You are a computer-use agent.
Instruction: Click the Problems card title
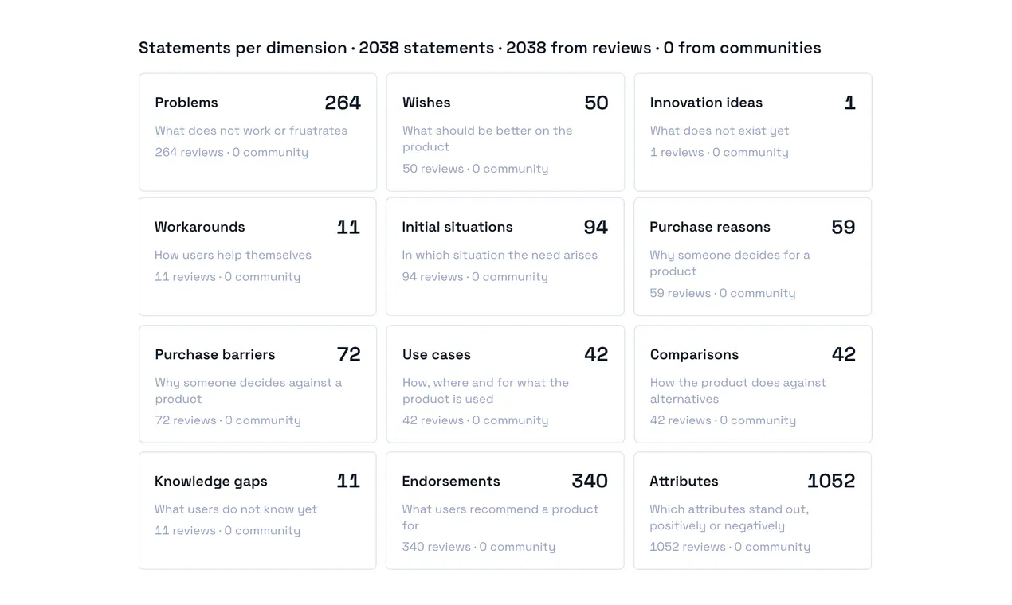point(186,103)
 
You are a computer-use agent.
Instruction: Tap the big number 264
point(343,103)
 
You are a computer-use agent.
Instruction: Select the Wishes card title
point(426,103)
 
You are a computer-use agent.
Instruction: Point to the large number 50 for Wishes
point(596,103)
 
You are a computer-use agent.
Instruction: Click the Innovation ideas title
point(706,103)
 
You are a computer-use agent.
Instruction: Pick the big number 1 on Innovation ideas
point(849,103)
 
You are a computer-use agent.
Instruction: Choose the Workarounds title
point(199,227)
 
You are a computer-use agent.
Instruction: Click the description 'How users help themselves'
point(233,255)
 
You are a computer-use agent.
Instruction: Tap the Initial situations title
point(457,227)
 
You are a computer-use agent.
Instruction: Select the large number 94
point(595,227)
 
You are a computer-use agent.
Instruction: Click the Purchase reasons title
point(710,227)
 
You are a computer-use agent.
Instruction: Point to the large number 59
point(843,227)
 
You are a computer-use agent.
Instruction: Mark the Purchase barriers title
point(214,354)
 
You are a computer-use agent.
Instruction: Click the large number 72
point(348,354)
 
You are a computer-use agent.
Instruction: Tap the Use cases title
point(437,354)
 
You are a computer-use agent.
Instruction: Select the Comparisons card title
point(694,354)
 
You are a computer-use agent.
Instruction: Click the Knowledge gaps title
point(210,482)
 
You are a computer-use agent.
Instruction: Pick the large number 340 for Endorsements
point(590,481)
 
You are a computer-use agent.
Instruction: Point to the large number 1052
point(831,481)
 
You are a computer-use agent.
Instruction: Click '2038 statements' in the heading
point(426,48)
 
